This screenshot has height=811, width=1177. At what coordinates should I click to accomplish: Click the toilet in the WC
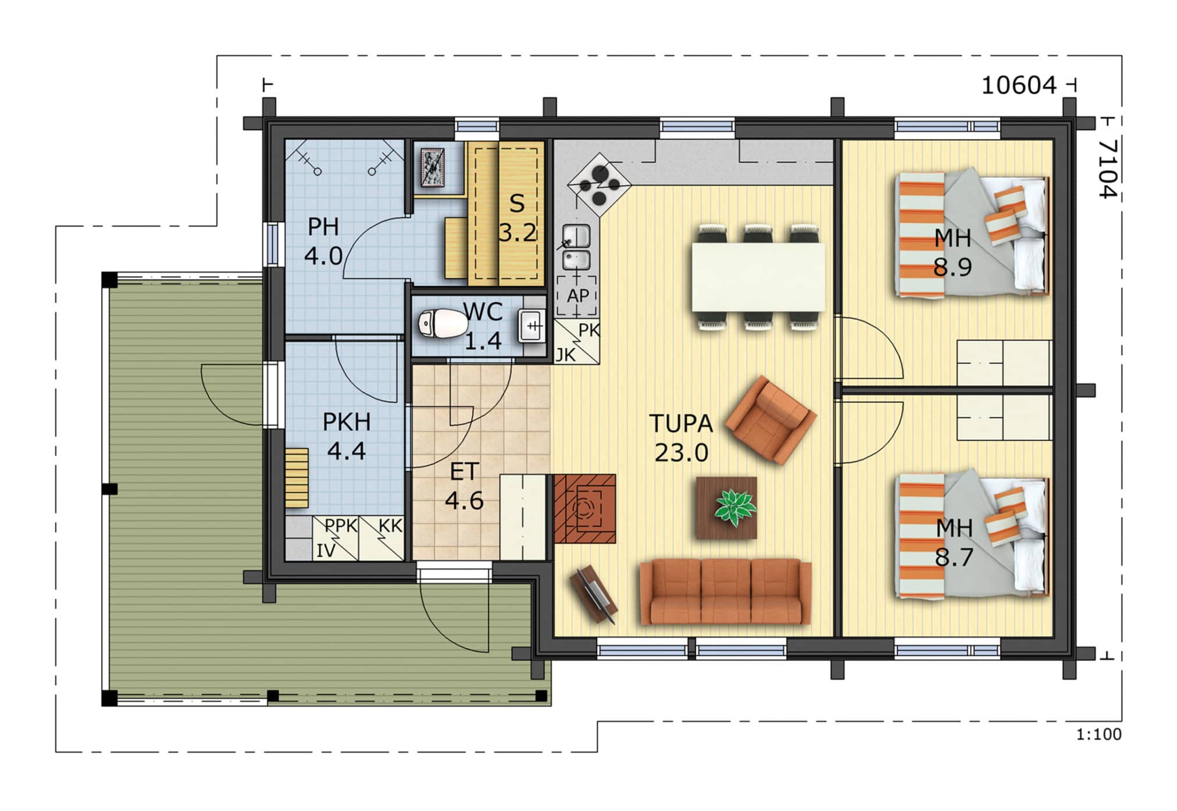(x=443, y=323)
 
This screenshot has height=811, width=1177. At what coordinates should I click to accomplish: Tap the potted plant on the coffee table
(x=735, y=507)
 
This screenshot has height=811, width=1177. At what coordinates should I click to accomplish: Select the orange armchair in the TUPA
(x=771, y=420)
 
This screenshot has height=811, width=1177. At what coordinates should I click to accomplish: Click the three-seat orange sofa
(x=725, y=591)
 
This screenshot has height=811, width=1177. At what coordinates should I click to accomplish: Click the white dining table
(x=758, y=277)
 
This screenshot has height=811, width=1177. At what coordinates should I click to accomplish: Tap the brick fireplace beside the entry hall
(x=584, y=508)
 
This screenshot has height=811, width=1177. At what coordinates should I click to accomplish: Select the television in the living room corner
(x=594, y=594)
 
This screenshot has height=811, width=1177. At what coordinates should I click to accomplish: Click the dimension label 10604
(x=1018, y=86)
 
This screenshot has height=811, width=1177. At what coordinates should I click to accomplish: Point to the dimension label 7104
(x=1108, y=168)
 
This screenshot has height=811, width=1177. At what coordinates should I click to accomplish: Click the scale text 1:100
(x=1098, y=734)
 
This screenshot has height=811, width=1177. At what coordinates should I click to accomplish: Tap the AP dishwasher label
(x=578, y=296)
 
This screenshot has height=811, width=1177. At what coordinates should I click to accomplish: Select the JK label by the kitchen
(x=565, y=355)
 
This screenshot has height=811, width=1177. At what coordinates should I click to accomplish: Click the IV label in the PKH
(x=326, y=551)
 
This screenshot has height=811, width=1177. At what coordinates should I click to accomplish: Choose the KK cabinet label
(x=390, y=526)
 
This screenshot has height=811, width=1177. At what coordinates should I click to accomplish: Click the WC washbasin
(x=532, y=326)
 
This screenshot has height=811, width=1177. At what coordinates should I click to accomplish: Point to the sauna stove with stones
(x=433, y=168)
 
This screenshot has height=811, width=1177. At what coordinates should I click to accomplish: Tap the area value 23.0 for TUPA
(x=681, y=452)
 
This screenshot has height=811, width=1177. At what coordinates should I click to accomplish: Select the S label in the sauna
(x=516, y=203)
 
